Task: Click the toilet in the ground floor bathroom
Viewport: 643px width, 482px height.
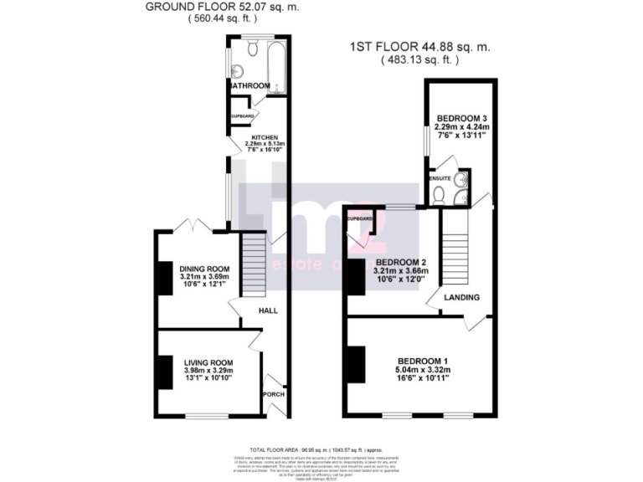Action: tap(253, 44)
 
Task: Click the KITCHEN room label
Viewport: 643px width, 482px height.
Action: tap(265, 137)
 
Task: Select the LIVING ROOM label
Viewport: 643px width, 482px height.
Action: tap(208, 361)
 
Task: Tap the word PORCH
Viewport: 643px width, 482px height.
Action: tap(274, 394)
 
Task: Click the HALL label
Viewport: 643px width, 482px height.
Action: tap(268, 310)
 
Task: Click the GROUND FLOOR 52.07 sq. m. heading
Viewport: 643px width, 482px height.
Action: tap(223, 7)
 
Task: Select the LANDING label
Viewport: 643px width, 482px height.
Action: tap(461, 297)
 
